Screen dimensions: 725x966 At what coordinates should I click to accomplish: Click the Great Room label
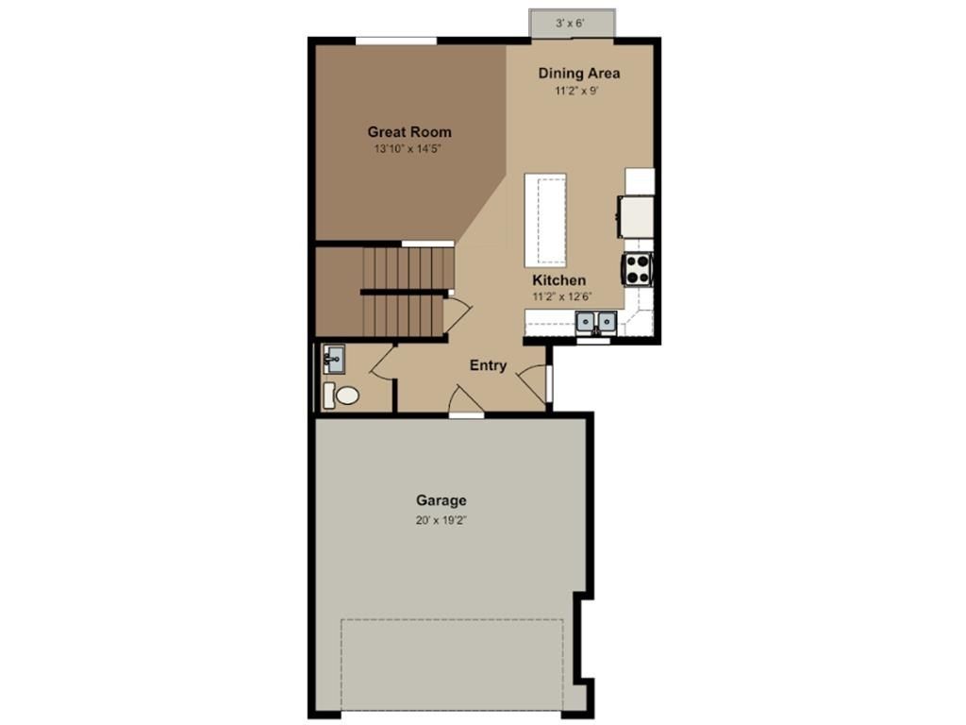(409, 132)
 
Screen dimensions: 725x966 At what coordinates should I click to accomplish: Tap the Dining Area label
(578, 73)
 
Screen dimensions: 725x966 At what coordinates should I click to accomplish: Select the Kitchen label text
(558, 280)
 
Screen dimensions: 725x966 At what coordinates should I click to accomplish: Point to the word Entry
(488, 365)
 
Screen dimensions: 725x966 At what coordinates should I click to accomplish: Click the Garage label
(441, 500)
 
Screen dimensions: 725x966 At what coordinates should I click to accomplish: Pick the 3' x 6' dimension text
(571, 22)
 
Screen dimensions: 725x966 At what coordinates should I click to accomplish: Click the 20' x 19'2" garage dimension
(441, 520)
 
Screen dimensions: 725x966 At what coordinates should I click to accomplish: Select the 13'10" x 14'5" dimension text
(409, 149)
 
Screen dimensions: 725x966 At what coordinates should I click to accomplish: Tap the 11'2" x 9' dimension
(577, 91)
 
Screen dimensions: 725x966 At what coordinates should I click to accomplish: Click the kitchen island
(545, 219)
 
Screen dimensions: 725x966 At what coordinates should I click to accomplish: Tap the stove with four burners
(637, 269)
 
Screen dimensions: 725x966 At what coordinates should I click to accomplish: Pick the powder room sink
(333, 358)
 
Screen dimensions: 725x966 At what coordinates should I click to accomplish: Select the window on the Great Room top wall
(395, 41)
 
